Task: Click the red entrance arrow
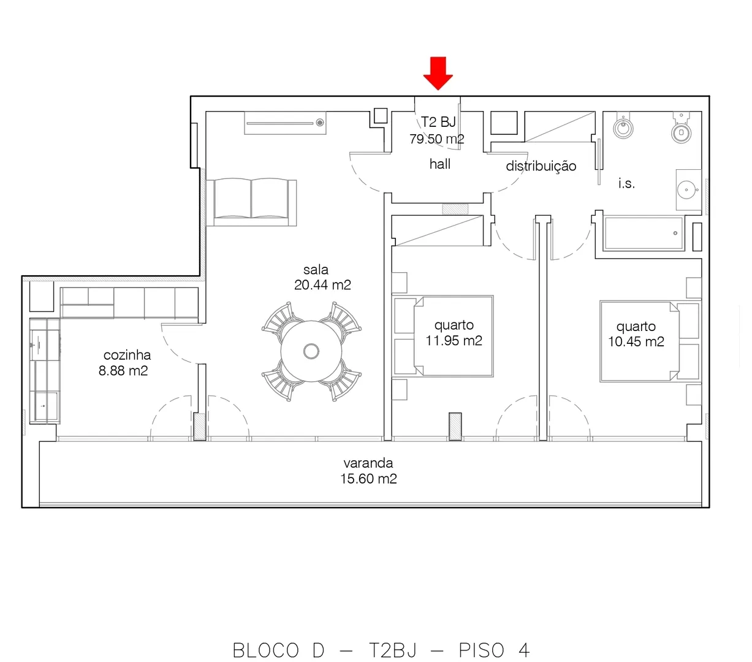click(438, 73)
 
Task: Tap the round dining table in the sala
click(311, 351)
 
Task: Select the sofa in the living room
click(251, 202)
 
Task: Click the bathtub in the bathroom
click(644, 234)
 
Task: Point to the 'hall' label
click(440, 164)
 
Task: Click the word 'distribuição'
click(541, 166)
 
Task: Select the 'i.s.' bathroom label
click(626, 183)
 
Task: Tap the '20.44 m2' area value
click(322, 285)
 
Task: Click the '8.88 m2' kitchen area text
click(123, 371)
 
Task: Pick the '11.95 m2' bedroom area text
click(454, 340)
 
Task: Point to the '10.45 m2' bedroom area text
click(636, 341)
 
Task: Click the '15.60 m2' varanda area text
click(368, 479)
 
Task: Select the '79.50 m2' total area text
click(437, 139)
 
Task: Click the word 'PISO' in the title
click(481, 650)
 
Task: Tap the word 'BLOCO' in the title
click(265, 650)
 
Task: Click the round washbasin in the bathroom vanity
click(686, 190)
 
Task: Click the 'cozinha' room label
click(127, 355)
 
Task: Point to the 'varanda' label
click(368, 463)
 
